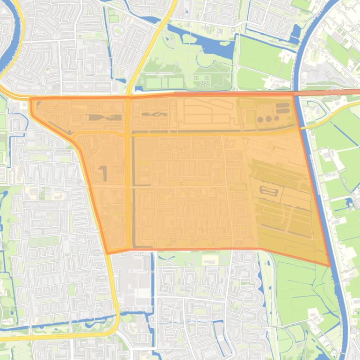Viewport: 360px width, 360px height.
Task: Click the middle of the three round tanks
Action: coord(268,119)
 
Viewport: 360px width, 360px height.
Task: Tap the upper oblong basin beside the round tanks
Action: coord(282,106)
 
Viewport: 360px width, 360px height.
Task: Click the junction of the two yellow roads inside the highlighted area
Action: coord(128,133)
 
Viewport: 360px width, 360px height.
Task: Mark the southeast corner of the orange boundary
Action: coord(330,266)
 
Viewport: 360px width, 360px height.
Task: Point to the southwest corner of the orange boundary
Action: coord(108,253)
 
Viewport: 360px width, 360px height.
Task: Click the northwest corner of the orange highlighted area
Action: coord(31,99)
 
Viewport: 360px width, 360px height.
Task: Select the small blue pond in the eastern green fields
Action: coord(349,202)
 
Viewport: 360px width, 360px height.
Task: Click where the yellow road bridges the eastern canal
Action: coord(302,127)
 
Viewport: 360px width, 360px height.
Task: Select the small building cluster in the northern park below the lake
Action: coord(202,81)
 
